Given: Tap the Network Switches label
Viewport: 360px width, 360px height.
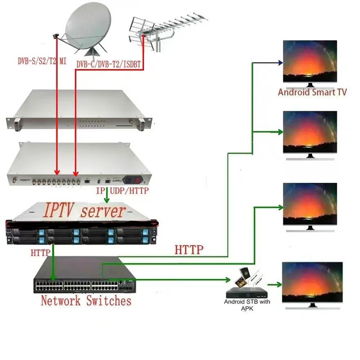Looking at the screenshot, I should [86, 301].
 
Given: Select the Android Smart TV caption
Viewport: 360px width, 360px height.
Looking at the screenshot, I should [312, 92].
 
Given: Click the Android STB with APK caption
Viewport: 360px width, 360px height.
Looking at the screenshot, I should [247, 305].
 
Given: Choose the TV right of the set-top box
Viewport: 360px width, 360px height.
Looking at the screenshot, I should [312, 282].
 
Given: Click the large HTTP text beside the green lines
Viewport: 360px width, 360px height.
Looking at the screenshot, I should [189, 249].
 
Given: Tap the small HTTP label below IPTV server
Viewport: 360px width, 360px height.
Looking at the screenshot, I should [40, 253].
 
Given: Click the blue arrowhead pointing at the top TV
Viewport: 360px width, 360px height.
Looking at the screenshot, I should [280, 63].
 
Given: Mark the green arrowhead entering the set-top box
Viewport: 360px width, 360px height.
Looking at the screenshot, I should [227, 280].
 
